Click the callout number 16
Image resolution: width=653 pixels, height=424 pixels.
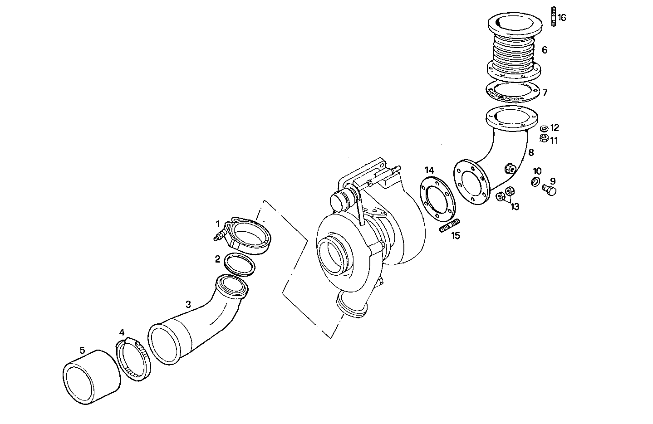point(562,18)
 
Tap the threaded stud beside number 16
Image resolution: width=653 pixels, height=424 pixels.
point(554,17)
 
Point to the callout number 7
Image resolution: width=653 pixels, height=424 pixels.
point(545,93)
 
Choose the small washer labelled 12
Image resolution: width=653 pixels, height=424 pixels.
point(544,129)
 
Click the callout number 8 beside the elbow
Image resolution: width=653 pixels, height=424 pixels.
point(530,153)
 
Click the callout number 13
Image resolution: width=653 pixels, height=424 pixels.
point(515,207)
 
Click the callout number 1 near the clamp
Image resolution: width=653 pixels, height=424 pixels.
point(218,224)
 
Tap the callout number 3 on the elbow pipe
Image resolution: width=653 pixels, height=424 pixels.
point(188,304)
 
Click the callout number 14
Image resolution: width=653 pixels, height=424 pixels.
point(429,170)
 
